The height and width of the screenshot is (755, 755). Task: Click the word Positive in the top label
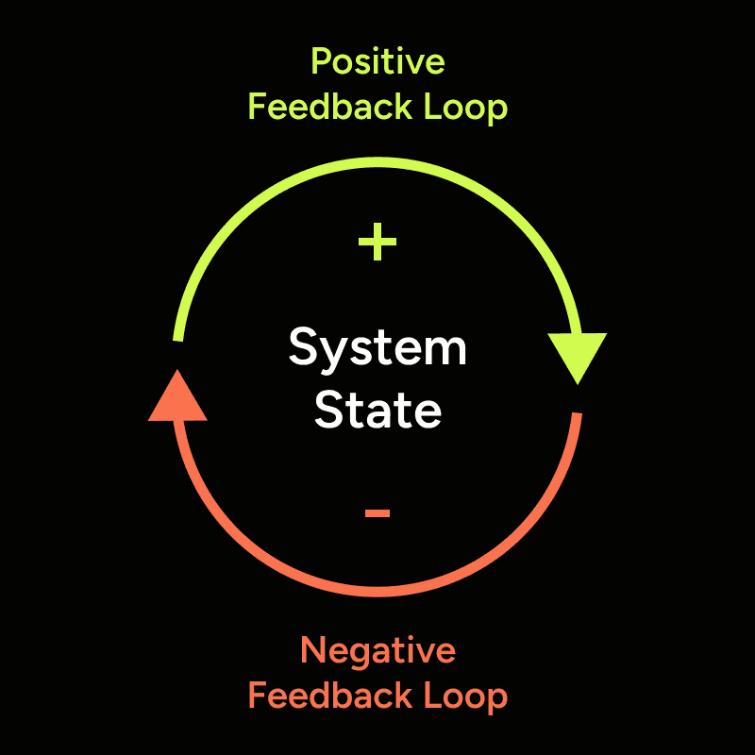point(377,62)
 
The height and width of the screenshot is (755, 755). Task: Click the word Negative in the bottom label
point(377,651)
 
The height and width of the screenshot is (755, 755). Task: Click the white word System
point(377,349)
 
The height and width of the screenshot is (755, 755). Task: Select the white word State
point(377,411)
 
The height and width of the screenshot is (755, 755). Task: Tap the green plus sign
point(377,244)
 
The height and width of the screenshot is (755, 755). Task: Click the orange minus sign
point(377,512)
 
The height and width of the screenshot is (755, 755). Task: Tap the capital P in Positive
point(321,62)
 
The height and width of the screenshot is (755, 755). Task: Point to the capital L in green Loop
point(432,108)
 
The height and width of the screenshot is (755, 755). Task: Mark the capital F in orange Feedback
point(257,696)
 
